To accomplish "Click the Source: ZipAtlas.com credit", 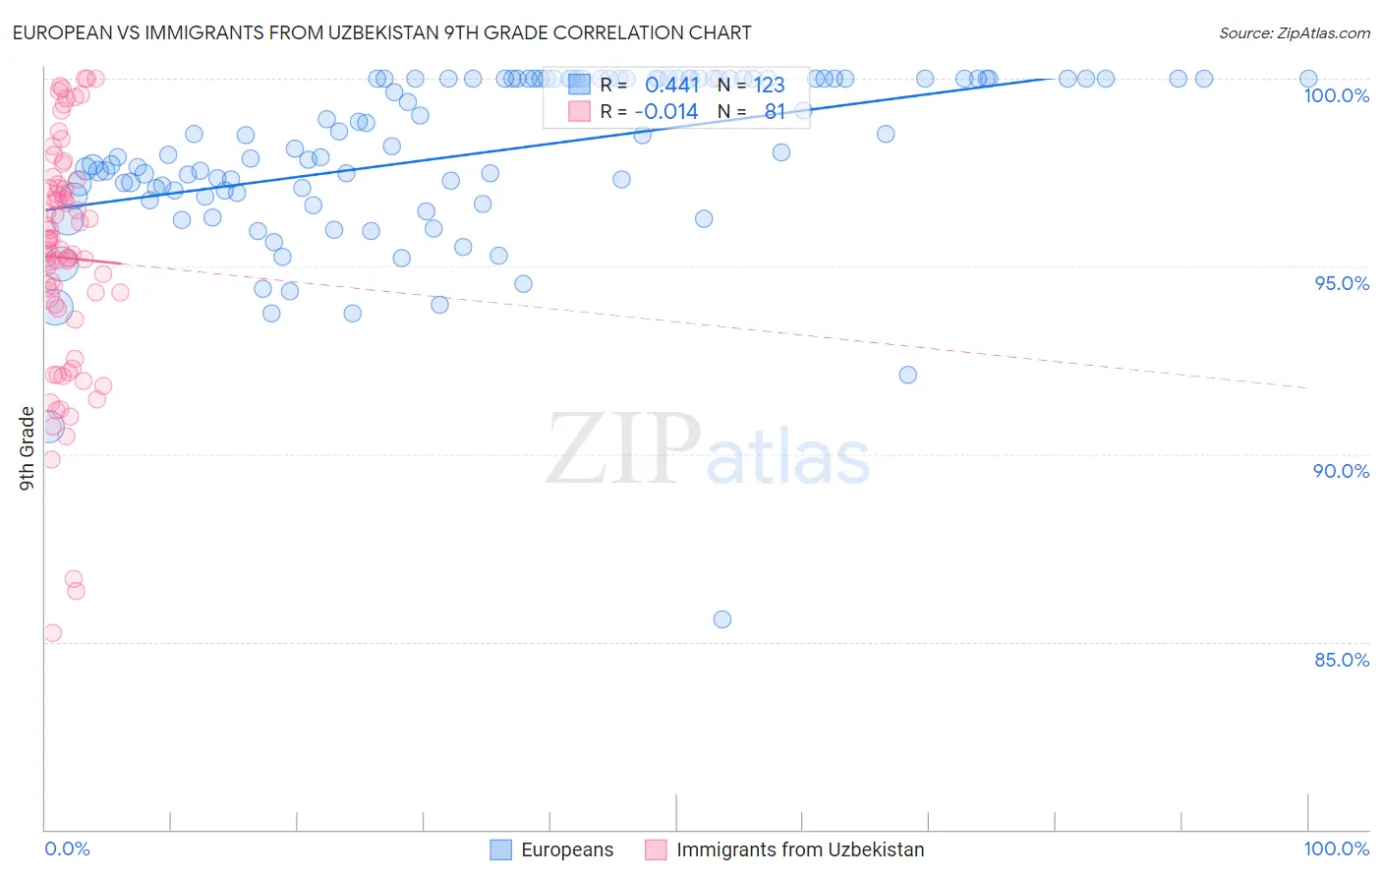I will tap(1294, 32).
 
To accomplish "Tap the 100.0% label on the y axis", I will tap(1336, 95).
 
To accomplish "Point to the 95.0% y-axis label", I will tap(1342, 283).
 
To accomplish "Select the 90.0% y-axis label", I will tap(1342, 471).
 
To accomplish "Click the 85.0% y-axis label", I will tap(1342, 660).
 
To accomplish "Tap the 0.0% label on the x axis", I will tap(67, 848).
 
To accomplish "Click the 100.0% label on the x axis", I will tap(1336, 848).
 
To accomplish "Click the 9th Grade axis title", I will tap(28, 447).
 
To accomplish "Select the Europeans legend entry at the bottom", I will tap(552, 849).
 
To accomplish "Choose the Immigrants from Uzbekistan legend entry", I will tap(785, 849).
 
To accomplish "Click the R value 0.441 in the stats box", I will tap(671, 86).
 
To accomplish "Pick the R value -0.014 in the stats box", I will tap(666, 112).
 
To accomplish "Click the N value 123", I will tap(769, 86).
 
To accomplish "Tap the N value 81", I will tap(775, 112).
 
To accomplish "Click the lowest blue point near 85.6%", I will tap(722, 619).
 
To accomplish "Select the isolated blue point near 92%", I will tap(907, 375).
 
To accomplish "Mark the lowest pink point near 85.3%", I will tap(53, 633).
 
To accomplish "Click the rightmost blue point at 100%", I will tap(1308, 79).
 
